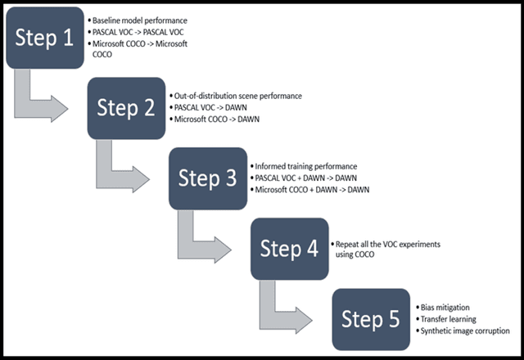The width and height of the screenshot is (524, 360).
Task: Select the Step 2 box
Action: (126, 108)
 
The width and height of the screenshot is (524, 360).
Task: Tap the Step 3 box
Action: (208, 178)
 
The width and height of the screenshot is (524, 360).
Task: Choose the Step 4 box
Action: (289, 249)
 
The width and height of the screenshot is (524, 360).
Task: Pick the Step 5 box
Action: (370, 319)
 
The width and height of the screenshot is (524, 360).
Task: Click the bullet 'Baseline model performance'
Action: (139, 20)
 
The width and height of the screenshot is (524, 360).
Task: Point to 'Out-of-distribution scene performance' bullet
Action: (237, 96)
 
